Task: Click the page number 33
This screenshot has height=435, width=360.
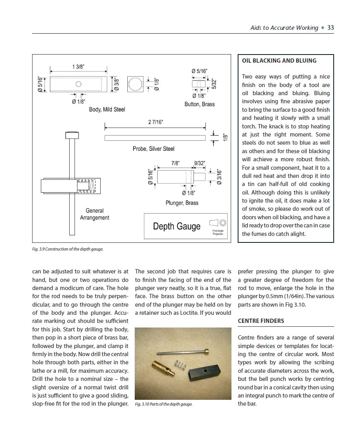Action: [x=331, y=27]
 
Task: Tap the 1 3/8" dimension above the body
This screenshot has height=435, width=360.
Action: [x=78, y=67]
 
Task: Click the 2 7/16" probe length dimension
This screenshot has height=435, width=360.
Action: [x=156, y=122]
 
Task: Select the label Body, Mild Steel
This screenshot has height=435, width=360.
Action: [x=107, y=109]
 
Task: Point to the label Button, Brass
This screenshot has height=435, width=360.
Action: [x=199, y=104]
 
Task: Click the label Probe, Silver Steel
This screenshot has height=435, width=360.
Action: [x=153, y=149]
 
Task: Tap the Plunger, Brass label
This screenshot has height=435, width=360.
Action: [x=182, y=203]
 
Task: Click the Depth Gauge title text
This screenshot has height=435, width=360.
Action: [x=177, y=226]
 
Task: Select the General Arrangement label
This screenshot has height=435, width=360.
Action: [x=94, y=214]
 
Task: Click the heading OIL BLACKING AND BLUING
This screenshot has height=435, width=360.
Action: [x=279, y=61]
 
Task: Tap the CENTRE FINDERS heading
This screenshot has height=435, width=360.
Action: [x=261, y=321]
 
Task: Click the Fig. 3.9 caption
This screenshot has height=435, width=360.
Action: [x=68, y=249]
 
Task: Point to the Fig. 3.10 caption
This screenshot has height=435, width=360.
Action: [x=164, y=404]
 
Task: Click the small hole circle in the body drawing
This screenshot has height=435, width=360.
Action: [x=79, y=84]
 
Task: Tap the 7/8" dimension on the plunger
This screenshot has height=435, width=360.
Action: [x=175, y=163]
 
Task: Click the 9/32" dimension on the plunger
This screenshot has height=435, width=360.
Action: [x=199, y=163]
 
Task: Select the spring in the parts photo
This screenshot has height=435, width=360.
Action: [x=180, y=366]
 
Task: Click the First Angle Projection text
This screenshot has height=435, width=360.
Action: [x=218, y=232]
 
